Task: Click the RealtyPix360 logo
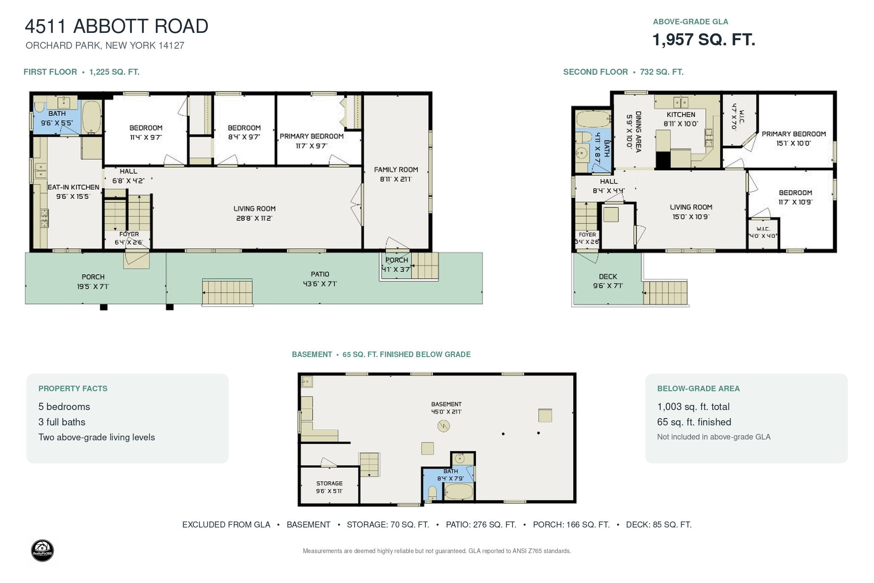pos(43,551)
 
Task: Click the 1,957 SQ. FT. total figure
pos(704,40)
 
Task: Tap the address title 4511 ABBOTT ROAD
pos(117,26)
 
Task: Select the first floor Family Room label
pos(396,170)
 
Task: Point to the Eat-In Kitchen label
pos(73,187)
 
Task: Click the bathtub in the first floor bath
pos(91,117)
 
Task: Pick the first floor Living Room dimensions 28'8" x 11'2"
pos(254,218)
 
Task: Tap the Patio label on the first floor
pos(320,274)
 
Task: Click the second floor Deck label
pos(608,277)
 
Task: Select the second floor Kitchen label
pos(681,114)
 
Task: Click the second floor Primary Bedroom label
pos(794,134)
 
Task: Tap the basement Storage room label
pos(329,483)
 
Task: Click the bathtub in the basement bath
pos(459,492)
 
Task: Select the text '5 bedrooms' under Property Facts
pos(64,407)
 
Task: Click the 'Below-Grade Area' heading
pos(699,389)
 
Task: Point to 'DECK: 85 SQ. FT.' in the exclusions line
pos(658,524)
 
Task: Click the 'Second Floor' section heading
pos(595,72)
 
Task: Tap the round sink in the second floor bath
pos(581,153)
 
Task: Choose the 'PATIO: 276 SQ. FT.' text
pos(481,524)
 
